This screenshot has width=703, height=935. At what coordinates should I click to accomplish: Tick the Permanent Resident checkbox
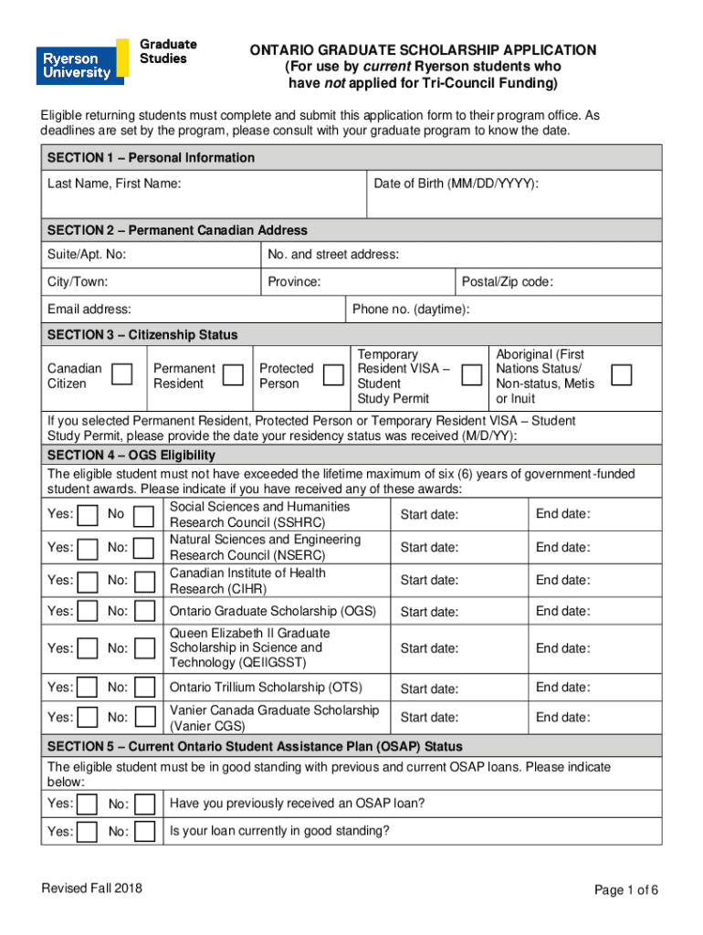coord(234,373)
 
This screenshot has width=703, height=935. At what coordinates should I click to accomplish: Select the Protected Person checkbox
coord(332,373)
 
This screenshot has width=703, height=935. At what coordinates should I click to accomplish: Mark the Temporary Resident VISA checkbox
coord(471,374)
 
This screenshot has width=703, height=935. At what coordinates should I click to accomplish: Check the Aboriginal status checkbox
coord(621,374)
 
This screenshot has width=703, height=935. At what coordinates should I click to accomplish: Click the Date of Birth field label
coord(456,184)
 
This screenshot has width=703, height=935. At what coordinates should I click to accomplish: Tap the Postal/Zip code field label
coord(507,282)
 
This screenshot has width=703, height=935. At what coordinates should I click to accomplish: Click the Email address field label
coord(89,310)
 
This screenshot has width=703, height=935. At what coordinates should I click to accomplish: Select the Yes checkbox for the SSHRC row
coord(88,517)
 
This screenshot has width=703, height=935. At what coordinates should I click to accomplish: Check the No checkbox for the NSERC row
coord(143,550)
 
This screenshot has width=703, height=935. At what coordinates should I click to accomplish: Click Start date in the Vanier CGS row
coord(429,718)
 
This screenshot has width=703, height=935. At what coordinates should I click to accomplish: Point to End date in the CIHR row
coord(562,580)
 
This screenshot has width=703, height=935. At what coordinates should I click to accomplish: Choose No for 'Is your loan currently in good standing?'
coord(143,832)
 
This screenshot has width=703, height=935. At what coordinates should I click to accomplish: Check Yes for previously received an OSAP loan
coord(88,804)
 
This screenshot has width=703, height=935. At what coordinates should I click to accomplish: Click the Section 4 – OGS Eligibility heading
coord(131,455)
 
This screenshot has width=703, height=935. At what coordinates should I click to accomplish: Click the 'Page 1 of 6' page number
coord(625,890)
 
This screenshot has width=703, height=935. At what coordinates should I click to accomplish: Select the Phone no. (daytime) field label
coord(411,310)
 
